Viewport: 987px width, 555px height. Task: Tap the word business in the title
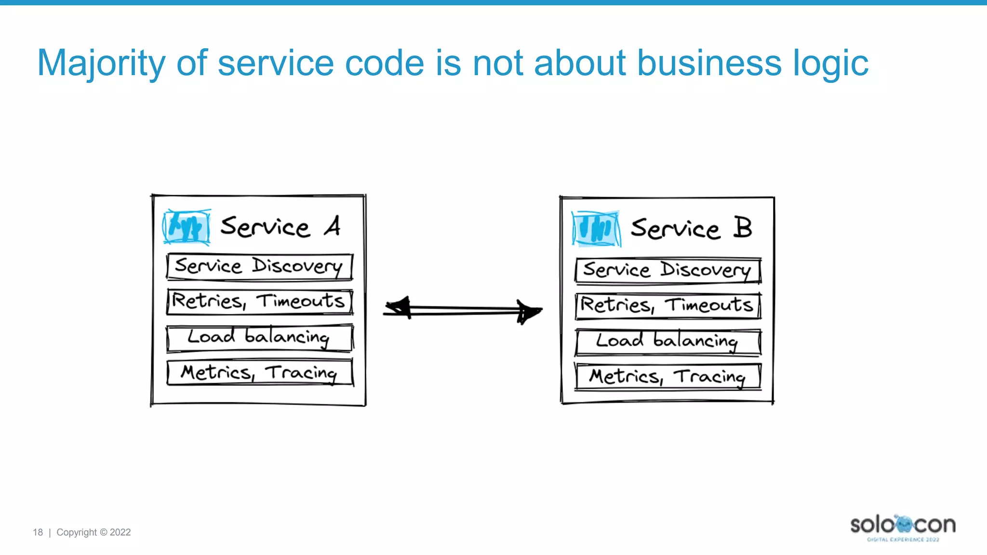(708, 64)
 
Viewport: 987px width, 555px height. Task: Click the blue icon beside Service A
(187, 227)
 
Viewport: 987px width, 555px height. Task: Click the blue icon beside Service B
(596, 229)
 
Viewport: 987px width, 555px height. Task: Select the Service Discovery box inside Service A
(259, 267)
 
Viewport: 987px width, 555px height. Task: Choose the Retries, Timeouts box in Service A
(259, 302)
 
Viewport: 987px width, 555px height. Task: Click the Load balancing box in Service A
(259, 338)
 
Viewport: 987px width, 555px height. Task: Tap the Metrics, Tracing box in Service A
(259, 372)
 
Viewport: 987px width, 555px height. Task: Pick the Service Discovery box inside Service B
(668, 270)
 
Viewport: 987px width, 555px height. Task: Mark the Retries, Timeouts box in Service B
(668, 305)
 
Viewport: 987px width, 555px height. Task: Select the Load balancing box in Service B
(668, 342)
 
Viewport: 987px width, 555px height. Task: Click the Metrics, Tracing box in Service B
(668, 377)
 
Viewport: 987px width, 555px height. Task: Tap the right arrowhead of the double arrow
(529, 312)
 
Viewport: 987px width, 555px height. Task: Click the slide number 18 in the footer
(38, 532)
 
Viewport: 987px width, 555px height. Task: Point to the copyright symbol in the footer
(103, 532)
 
